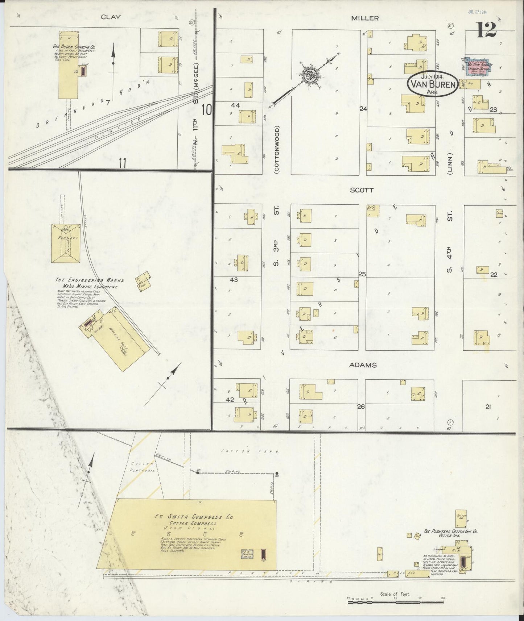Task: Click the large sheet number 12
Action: pos(486,30)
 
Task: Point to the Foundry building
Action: pos(66,242)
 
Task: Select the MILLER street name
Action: pos(365,18)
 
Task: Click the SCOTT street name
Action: pos(362,190)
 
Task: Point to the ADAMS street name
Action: pos(363,365)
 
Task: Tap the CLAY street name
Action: pos(111,17)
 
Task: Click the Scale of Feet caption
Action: pos(395,593)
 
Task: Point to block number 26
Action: pos(360,407)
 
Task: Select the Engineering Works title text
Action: pos(90,280)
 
